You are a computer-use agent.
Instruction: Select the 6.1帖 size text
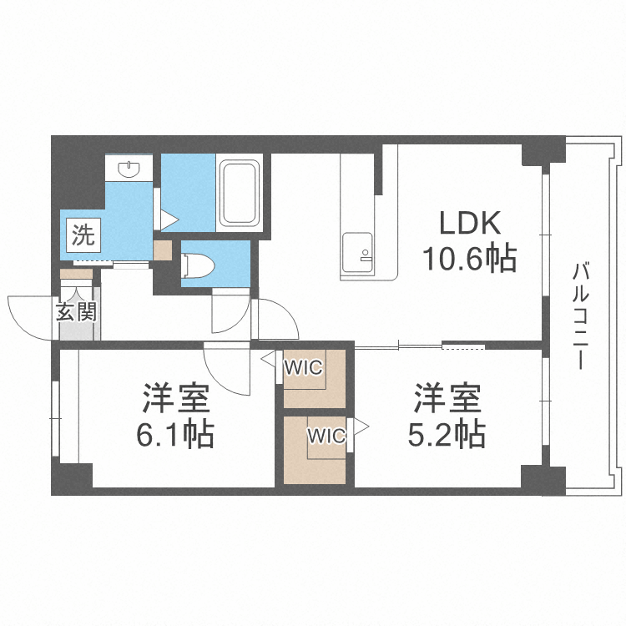(x=176, y=434)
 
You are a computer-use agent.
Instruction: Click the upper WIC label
(x=303, y=366)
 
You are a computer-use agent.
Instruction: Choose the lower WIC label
(x=326, y=435)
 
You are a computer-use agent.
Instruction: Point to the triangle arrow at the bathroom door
(x=169, y=220)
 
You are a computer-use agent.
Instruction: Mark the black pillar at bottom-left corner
(x=72, y=479)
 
